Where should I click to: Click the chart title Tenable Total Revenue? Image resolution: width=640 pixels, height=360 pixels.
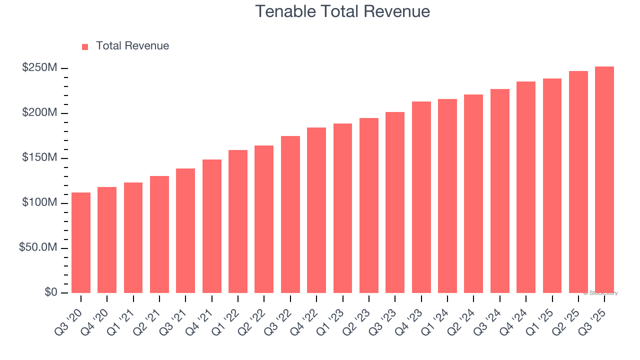[x=342, y=11]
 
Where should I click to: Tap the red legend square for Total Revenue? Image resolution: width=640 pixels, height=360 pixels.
[x=85, y=46]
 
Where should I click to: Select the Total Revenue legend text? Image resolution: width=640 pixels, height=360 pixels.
[x=132, y=46]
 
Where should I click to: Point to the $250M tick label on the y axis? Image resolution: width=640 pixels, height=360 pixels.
[x=39, y=68]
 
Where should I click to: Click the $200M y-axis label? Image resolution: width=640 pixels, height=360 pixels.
[x=39, y=113]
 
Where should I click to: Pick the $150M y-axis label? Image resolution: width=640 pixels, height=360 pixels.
[x=39, y=158]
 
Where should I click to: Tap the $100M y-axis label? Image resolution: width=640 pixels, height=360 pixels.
[x=39, y=203]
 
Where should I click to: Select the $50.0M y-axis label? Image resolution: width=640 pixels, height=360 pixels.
[x=37, y=248]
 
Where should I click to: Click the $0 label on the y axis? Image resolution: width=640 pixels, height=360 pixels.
[x=50, y=292]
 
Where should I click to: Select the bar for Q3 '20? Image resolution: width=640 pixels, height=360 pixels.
[x=81, y=242]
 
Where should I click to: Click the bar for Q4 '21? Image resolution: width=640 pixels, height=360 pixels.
[x=212, y=226]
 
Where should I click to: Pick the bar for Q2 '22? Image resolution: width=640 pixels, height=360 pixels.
[x=264, y=219]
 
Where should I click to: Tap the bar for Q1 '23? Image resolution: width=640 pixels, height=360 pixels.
[x=342, y=208]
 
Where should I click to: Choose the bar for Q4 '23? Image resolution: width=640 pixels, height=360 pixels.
[x=421, y=197]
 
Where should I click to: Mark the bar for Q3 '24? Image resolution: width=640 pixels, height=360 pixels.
[x=499, y=191]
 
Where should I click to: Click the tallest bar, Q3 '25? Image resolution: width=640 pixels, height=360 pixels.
[x=604, y=180]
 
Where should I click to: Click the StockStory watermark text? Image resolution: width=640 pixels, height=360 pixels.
[x=600, y=293]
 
